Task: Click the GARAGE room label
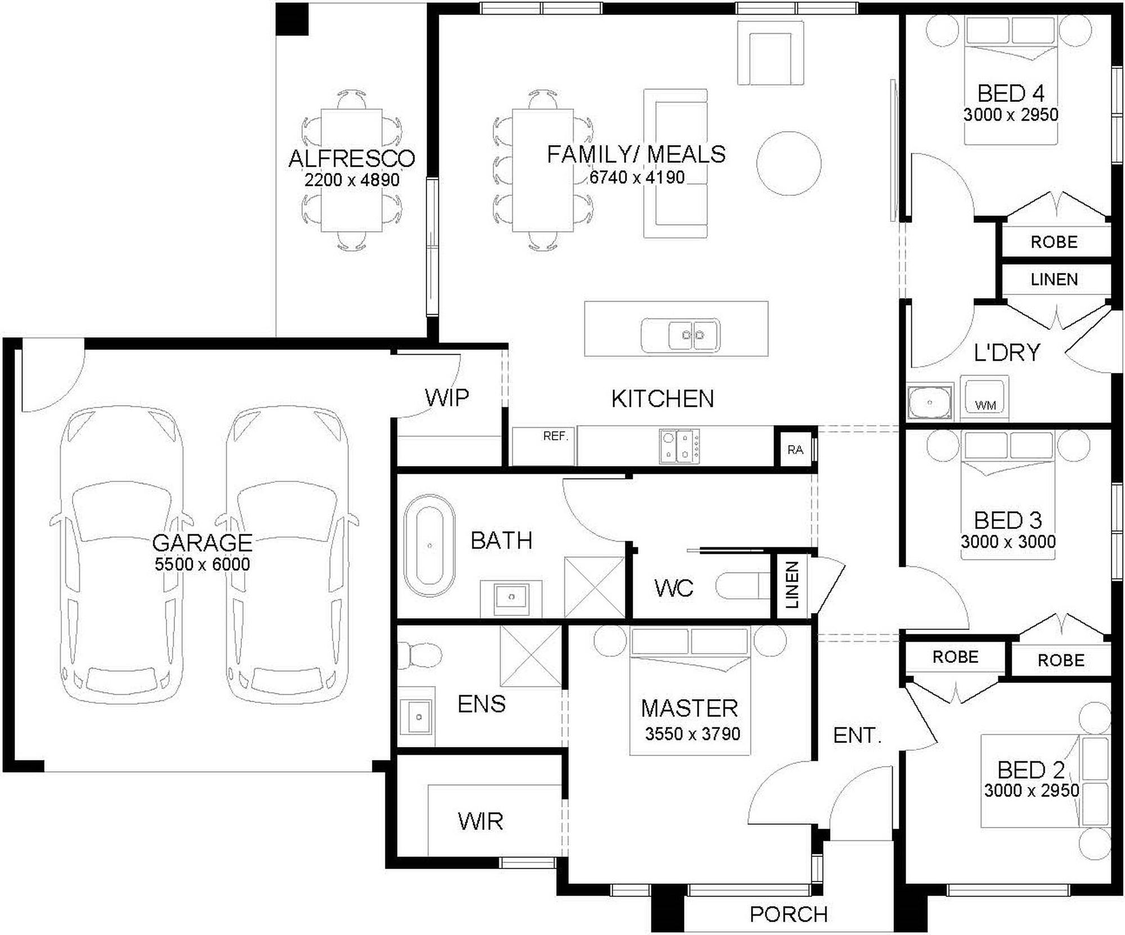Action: coord(202,543)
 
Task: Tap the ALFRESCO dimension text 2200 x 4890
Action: coord(352,180)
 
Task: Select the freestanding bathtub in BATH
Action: coord(430,545)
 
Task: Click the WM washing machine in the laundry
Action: coord(984,398)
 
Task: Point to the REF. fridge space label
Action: coord(556,436)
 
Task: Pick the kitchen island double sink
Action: coord(679,335)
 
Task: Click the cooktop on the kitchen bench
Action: coord(679,446)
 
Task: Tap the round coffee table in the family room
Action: coord(789,163)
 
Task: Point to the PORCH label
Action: coord(789,915)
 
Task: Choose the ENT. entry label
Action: coord(857,735)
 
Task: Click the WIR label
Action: coord(480,822)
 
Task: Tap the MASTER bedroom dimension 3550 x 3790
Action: coord(692,734)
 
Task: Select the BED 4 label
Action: coord(1011,93)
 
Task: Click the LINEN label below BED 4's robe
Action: coord(1054,279)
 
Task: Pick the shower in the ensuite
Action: coord(531,656)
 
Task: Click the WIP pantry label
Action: coord(447,397)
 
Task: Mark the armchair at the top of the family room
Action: coord(771,54)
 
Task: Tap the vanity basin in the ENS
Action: coord(417,717)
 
